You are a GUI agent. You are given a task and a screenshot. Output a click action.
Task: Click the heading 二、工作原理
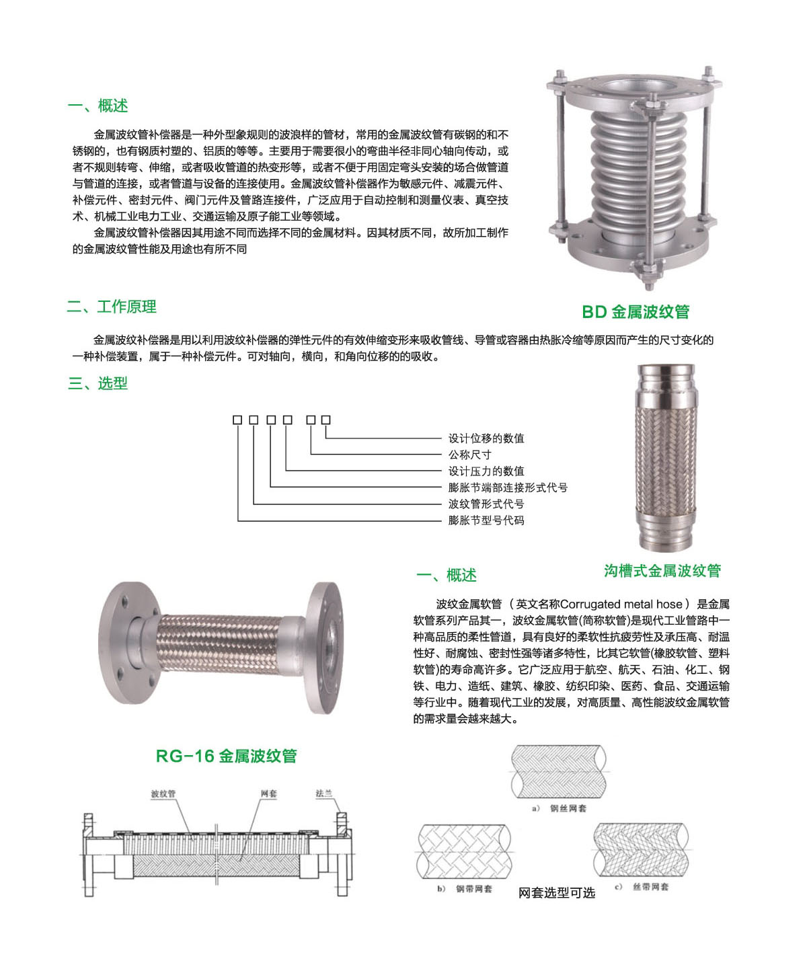click(112, 307)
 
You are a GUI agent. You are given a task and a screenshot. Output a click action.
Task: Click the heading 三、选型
click(98, 383)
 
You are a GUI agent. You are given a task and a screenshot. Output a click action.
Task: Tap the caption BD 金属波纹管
click(636, 312)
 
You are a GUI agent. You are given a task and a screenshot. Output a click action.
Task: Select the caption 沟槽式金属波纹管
click(662, 571)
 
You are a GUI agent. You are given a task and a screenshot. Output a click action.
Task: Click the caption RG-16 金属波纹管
click(226, 756)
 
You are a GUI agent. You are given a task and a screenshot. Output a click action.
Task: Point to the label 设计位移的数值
click(486, 438)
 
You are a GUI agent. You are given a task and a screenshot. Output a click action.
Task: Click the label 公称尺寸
click(470, 455)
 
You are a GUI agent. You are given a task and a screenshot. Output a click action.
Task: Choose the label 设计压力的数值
click(486, 471)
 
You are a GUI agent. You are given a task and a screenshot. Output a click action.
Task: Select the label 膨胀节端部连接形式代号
click(508, 487)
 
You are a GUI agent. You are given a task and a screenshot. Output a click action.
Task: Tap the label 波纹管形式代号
click(486, 504)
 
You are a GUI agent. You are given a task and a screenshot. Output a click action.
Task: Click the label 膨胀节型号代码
click(486, 520)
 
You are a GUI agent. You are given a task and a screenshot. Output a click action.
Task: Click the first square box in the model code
click(237, 420)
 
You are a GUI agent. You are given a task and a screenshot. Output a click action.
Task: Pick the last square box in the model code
click(326, 420)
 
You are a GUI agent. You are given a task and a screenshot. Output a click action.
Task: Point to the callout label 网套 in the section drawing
click(268, 794)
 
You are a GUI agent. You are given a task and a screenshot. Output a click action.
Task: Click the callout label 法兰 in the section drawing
click(324, 794)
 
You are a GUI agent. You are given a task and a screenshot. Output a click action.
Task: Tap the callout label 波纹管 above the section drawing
click(163, 794)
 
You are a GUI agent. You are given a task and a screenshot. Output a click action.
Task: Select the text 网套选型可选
click(556, 892)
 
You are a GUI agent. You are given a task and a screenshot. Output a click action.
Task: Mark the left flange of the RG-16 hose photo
click(124, 642)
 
